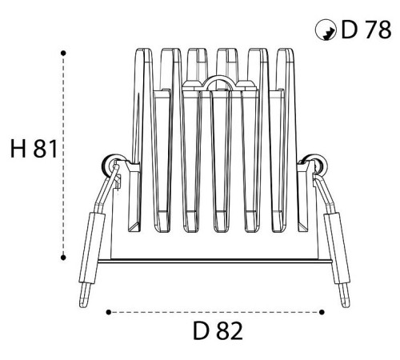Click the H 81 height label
(34, 149)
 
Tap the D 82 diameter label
(218, 331)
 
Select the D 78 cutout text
(366, 30)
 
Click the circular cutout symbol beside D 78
(326, 30)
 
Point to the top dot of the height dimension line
(63, 54)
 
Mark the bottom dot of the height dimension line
(63, 258)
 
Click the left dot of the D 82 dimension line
(109, 312)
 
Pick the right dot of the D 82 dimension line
(322, 312)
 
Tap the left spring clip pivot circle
(110, 165)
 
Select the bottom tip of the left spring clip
(83, 306)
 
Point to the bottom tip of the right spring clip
(346, 306)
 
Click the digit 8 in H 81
(40, 149)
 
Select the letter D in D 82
(200, 331)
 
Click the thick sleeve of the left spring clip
(92, 247)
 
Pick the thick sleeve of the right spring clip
(337, 247)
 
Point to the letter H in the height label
(18, 149)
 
